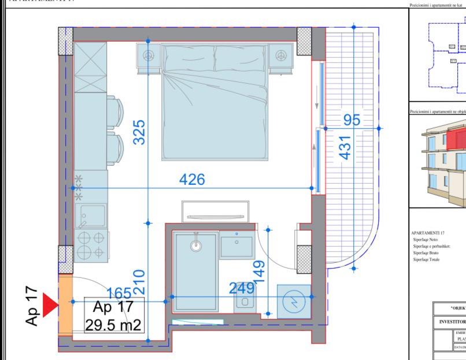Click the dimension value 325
[x=138, y=132]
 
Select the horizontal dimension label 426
[x=192, y=180]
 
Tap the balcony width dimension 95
[x=352, y=120]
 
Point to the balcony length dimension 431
[x=345, y=149]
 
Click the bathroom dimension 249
[x=242, y=288]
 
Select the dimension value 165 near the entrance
[x=119, y=293]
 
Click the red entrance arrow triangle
[x=50, y=305]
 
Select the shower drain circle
[x=197, y=245]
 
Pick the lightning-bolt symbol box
[x=294, y=301]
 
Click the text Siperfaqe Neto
[x=426, y=239]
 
